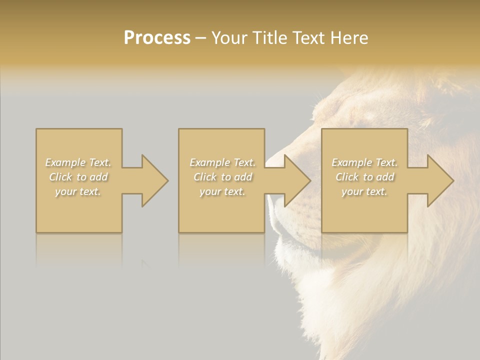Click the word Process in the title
157,38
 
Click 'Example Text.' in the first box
78,162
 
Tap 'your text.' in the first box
78,191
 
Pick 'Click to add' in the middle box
222,177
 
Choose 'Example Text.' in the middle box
222,162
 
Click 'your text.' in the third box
364,191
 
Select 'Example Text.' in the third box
364,162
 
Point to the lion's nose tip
274,159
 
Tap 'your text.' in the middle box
222,191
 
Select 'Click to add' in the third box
364,177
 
